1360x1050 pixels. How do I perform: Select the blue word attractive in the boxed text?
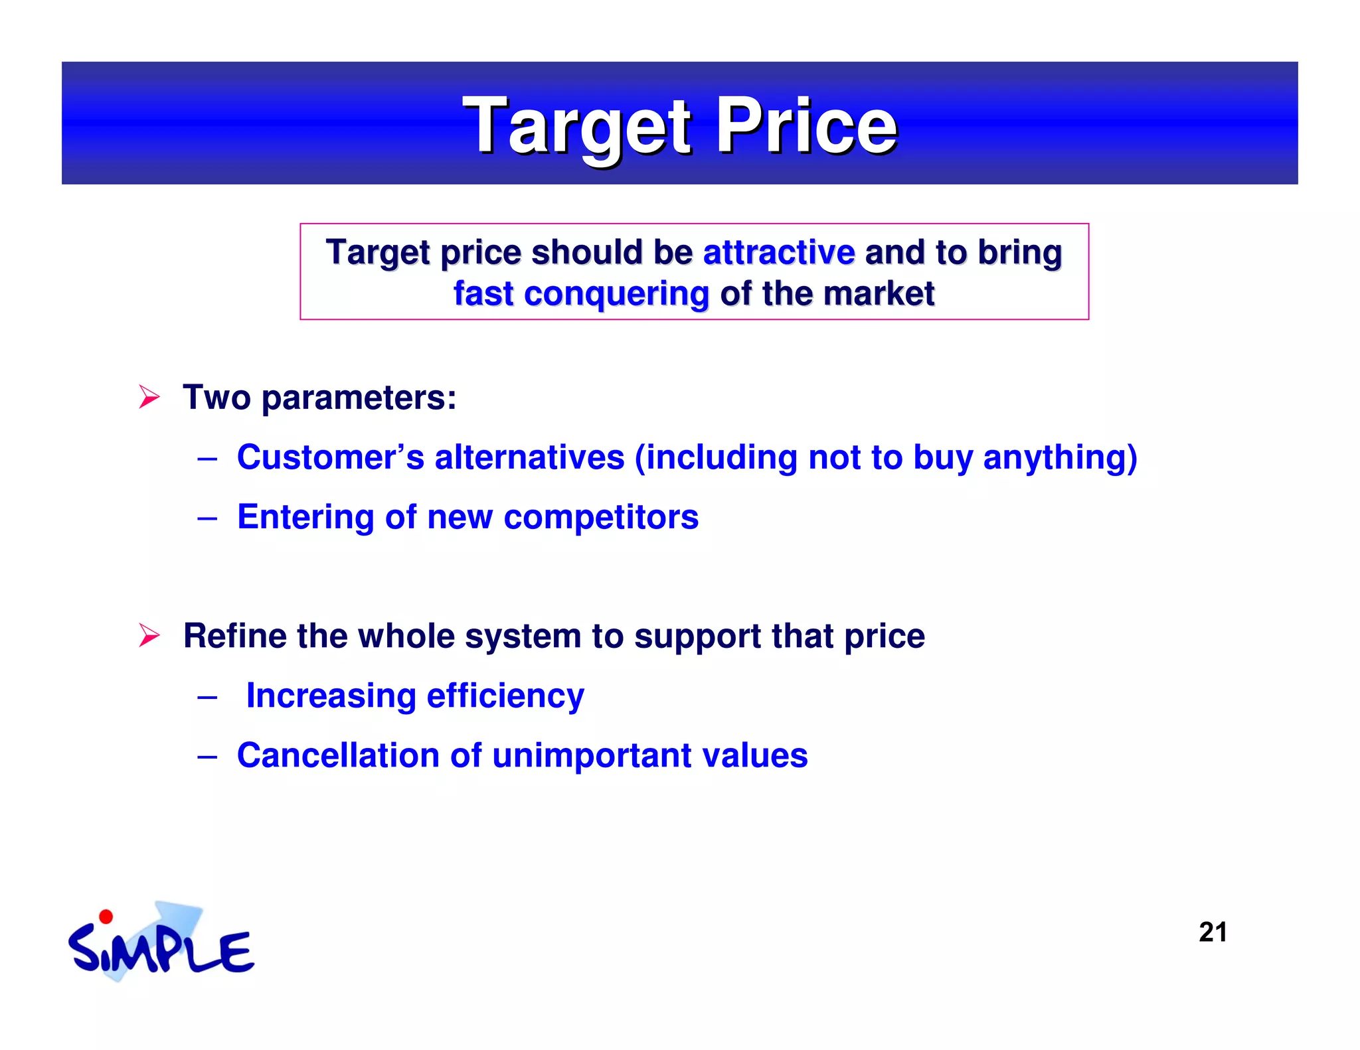coord(778,252)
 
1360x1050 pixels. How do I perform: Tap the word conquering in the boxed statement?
coord(616,294)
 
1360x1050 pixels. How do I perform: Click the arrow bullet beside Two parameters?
coord(149,398)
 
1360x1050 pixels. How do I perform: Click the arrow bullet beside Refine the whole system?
coord(149,636)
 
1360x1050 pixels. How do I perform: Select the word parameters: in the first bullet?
coord(359,398)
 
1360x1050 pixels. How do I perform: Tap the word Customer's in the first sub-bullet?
coord(330,457)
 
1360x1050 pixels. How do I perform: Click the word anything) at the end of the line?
coord(1060,457)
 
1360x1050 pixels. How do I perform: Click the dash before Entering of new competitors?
coord(207,518)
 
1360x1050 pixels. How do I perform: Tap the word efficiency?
coord(505,696)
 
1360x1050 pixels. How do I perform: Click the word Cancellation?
coord(337,756)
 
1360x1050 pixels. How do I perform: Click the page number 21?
coord(1212,933)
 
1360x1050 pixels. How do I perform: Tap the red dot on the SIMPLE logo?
coord(106,917)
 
